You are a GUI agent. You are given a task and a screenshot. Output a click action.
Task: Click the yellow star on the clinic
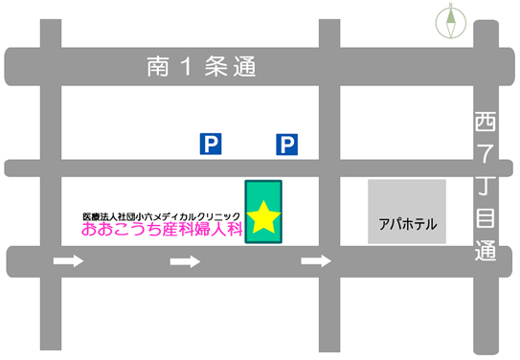point(263,218)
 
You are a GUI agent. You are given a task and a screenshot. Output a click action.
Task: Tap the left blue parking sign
point(210,144)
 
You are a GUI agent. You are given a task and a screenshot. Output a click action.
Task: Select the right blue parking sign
point(287,144)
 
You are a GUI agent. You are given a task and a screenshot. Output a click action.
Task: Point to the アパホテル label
point(407,225)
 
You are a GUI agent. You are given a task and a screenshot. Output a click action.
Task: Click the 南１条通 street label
point(202,68)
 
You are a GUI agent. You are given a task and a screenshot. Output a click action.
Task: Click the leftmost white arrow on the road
point(68,260)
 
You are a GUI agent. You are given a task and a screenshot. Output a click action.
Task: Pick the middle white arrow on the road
point(185,260)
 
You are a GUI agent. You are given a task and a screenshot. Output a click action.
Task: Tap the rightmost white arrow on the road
point(316,260)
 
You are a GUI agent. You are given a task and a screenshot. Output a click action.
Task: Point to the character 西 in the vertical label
point(486,123)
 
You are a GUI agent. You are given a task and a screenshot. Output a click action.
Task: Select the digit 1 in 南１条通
point(187,68)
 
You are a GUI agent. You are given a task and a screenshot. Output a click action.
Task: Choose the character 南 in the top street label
point(158,68)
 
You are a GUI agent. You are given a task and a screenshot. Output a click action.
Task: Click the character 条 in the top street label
point(217,68)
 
